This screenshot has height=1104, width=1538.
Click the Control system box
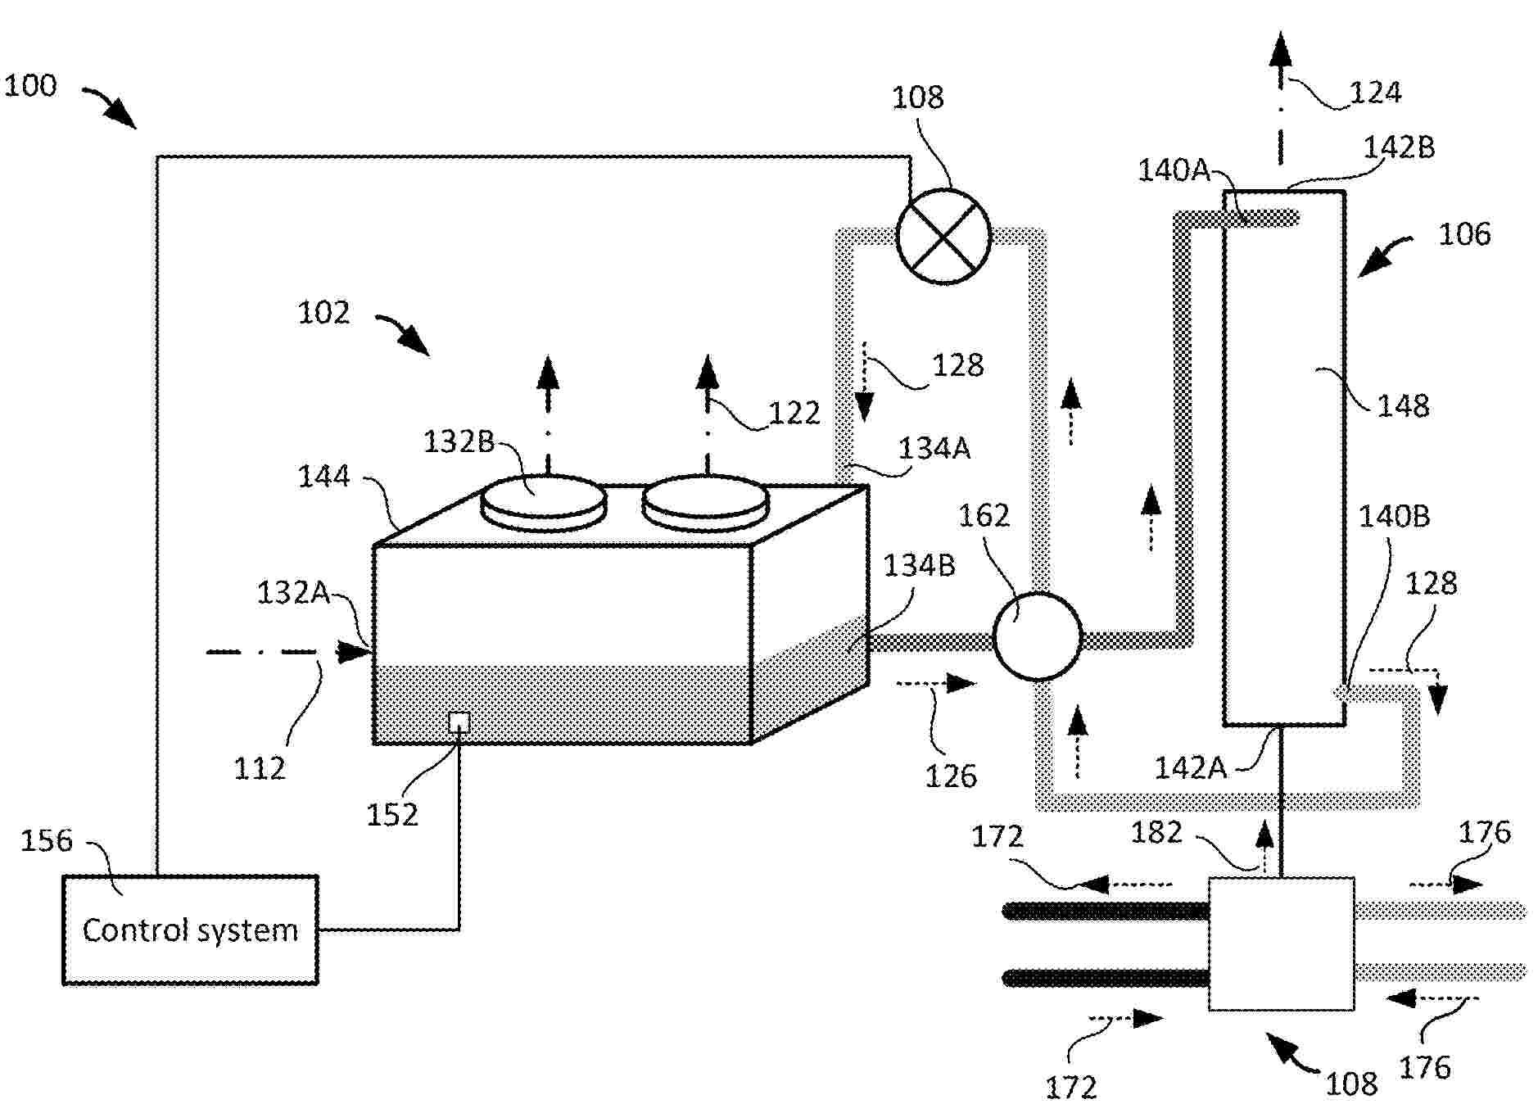click(x=190, y=930)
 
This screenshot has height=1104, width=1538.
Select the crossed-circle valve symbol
click(x=943, y=236)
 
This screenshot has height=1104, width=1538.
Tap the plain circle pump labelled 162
click(x=1038, y=636)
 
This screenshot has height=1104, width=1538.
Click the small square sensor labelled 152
click(x=459, y=722)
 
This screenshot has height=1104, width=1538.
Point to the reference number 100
click(x=30, y=86)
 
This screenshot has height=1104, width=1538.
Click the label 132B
click(x=459, y=441)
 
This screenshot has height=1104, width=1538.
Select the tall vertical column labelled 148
click(x=1283, y=458)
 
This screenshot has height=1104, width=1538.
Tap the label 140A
click(x=1174, y=170)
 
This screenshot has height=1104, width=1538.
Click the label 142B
click(x=1399, y=147)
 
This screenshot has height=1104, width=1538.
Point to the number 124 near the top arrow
click(x=1375, y=92)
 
